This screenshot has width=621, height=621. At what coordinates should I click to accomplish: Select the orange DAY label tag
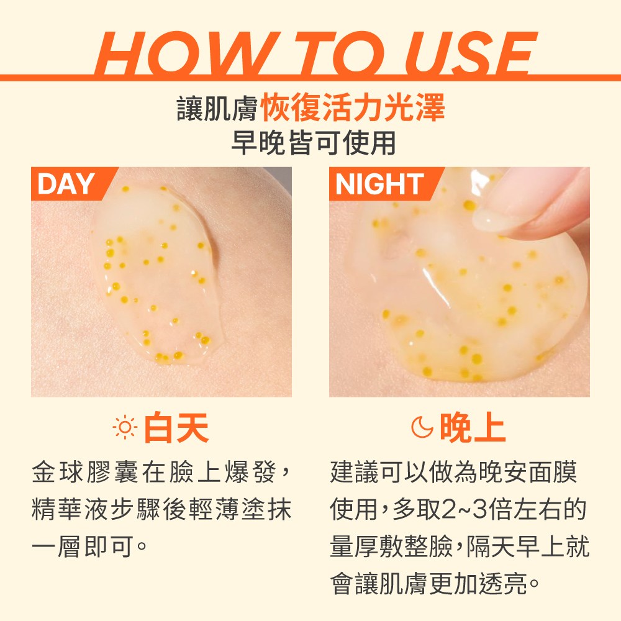(74, 184)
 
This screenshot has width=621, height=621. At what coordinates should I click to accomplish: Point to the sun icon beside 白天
(125, 427)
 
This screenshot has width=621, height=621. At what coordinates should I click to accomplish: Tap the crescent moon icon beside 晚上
(422, 427)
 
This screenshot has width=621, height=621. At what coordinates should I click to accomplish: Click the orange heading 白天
(176, 427)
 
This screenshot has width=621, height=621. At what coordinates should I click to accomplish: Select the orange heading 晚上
(473, 427)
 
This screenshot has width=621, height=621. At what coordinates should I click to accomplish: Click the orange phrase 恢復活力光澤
(353, 107)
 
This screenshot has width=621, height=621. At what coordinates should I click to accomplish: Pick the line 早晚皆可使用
(313, 143)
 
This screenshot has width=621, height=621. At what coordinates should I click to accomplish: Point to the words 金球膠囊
(86, 473)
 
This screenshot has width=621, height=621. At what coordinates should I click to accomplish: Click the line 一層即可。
(89, 547)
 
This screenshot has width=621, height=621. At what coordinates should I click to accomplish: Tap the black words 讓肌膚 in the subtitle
(217, 107)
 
